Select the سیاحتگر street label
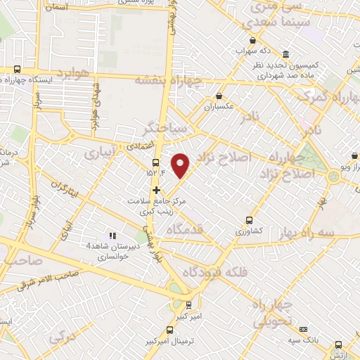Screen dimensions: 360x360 (x=162, y=129)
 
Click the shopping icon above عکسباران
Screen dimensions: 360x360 (x=219, y=96)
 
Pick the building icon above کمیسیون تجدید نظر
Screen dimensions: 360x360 (x=285, y=54)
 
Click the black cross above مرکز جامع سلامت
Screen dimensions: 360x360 (x=156, y=190)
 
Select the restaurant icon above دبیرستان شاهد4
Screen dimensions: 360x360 (x=111, y=236)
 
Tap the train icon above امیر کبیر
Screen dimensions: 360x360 (x=188, y=305)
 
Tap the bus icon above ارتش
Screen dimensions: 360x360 (x=339, y=345)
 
